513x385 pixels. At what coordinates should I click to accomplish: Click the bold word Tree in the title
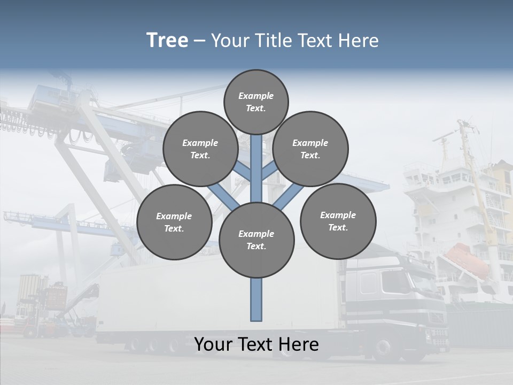[167, 40]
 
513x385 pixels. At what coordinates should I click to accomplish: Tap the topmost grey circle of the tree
[256, 102]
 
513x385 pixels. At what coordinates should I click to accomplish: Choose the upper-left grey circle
[200, 149]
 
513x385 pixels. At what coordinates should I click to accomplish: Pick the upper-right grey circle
[310, 149]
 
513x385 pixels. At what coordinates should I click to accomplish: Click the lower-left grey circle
[174, 222]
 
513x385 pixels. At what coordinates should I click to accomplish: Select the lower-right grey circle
[338, 221]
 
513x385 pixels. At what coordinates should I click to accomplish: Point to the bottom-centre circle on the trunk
[256, 240]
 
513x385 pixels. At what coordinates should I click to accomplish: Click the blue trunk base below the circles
[256, 299]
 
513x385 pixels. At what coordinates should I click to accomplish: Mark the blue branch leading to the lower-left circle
[220, 195]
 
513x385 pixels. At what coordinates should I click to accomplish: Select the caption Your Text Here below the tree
[256, 344]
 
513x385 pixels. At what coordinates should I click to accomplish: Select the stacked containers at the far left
[33, 289]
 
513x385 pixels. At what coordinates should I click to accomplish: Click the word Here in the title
[360, 41]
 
